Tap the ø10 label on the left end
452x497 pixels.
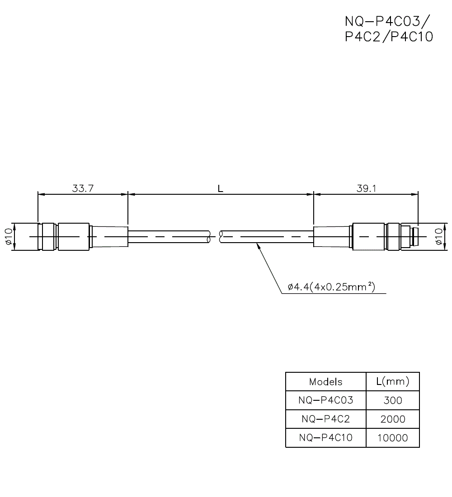point(7,237)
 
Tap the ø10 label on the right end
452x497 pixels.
point(438,237)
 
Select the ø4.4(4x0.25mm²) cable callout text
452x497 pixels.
point(331,287)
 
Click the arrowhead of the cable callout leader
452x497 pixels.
point(258,245)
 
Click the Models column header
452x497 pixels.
point(325,382)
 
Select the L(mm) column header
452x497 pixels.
point(392,382)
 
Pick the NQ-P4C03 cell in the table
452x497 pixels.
point(325,400)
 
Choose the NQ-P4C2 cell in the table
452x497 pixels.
point(325,419)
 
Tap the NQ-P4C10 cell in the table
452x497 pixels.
point(325,438)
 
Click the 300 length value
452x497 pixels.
point(392,400)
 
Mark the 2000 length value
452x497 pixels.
point(392,419)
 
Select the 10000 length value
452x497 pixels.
point(392,438)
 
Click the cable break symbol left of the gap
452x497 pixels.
point(209,237)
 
